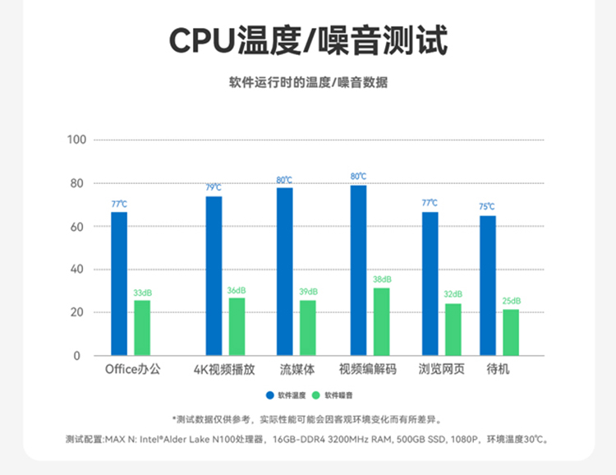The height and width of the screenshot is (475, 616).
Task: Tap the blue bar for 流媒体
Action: click(x=284, y=271)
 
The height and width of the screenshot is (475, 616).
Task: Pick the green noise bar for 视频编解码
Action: click(x=382, y=321)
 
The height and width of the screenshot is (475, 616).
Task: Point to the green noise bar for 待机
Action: click(x=511, y=332)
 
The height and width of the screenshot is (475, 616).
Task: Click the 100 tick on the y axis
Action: click(x=77, y=140)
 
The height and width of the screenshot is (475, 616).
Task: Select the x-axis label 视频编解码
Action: click(x=368, y=370)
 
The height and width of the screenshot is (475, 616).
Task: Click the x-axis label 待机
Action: click(x=499, y=370)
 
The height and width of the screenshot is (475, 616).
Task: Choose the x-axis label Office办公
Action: click(x=133, y=370)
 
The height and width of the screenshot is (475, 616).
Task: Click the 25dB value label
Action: click(x=511, y=301)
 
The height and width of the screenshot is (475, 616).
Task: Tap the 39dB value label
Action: click(x=308, y=292)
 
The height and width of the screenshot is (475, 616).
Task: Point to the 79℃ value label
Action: click(x=214, y=187)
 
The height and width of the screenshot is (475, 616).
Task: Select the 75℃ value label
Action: click(x=487, y=207)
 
